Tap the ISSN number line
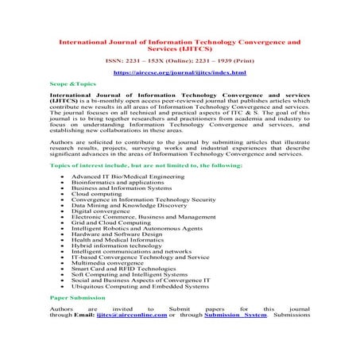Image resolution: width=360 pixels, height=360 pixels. click(x=180, y=60)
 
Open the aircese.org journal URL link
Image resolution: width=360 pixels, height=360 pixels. click(x=180, y=72)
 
